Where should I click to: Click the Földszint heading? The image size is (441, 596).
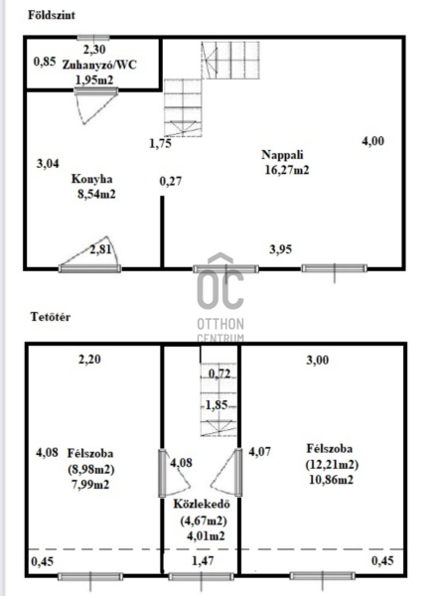pos(52,15)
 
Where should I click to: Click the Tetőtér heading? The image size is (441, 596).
pos(51,317)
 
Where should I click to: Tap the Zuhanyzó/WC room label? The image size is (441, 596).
pos(99,65)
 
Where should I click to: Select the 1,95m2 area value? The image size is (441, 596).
pos(94,79)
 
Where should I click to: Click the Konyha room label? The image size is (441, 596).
pos(91,179)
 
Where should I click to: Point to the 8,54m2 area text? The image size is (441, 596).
pos(96,195)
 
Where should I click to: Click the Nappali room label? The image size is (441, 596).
pos(282,155)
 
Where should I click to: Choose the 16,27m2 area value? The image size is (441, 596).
pos(287,170)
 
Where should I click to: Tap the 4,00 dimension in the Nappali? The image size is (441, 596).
pos(372,141)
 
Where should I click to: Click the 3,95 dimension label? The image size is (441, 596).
pos(280,249)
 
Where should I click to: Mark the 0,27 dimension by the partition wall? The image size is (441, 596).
pos(170,181)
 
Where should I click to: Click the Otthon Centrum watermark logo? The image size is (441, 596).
pos(220,296)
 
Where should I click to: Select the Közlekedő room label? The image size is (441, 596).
pos(202,504)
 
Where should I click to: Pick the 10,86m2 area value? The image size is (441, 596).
pos(331,480)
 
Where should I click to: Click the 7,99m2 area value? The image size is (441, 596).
pos(89,485)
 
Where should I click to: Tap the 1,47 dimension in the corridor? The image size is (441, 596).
pos(203,560)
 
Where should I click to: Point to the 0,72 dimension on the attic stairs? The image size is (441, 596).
pos(220,374)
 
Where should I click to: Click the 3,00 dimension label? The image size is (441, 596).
pos(318,360)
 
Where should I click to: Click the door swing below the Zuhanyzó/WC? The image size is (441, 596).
pos(95,106)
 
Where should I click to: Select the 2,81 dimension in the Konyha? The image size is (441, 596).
pos(100,249)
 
